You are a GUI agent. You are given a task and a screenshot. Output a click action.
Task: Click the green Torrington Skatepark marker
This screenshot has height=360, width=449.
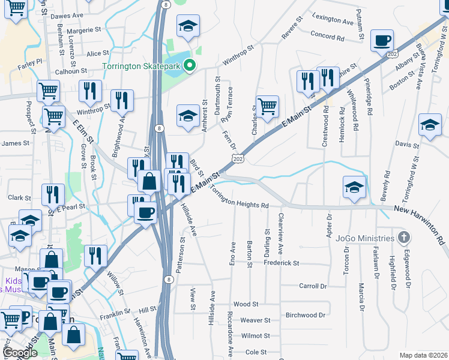[x=190, y=66]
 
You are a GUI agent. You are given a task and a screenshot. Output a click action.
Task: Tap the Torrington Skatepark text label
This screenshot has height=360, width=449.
[x=141, y=66]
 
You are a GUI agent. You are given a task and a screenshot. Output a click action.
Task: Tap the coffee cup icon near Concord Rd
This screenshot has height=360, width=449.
[x=382, y=41]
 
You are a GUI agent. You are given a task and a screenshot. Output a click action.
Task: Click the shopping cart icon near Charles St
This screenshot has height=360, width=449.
[x=268, y=107]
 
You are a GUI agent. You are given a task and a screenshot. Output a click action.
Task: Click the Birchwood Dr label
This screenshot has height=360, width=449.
[x=306, y=315]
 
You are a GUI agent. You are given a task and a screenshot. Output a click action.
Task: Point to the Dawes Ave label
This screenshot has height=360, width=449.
[x=66, y=16]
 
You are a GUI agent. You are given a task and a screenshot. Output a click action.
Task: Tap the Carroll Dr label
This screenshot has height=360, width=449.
[x=315, y=287]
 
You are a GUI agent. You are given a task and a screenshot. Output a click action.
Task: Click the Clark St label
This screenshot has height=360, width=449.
[x=19, y=197]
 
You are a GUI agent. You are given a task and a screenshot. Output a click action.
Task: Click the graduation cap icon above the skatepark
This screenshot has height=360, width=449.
[x=188, y=26]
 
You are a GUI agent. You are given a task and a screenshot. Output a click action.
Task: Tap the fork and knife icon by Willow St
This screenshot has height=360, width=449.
[x=95, y=256]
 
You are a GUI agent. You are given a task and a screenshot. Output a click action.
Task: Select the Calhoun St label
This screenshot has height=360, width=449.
[x=72, y=71]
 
